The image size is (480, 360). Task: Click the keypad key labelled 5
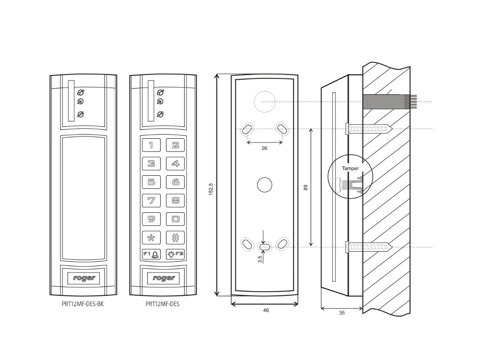[x=151, y=182]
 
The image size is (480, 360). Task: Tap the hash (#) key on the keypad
[x=175, y=237]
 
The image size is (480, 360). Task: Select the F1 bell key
[x=151, y=254]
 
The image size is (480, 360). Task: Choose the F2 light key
[x=175, y=254]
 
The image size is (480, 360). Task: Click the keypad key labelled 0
[x=175, y=219]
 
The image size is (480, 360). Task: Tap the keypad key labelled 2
[x=175, y=145]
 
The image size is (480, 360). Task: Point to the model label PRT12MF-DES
[x=163, y=304]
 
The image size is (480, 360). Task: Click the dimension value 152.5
[x=211, y=190]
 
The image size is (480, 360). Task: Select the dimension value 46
[x=265, y=310]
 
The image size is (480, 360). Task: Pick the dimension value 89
[x=306, y=187]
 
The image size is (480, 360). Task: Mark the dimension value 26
[x=264, y=148]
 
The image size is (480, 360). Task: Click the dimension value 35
[x=341, y=312]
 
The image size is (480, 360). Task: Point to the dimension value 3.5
[x=260, y=259]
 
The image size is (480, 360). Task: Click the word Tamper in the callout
[x=350, y=168]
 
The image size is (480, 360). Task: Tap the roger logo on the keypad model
[x=163, y=278]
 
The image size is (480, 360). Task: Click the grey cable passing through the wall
[x=382, y=101]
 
